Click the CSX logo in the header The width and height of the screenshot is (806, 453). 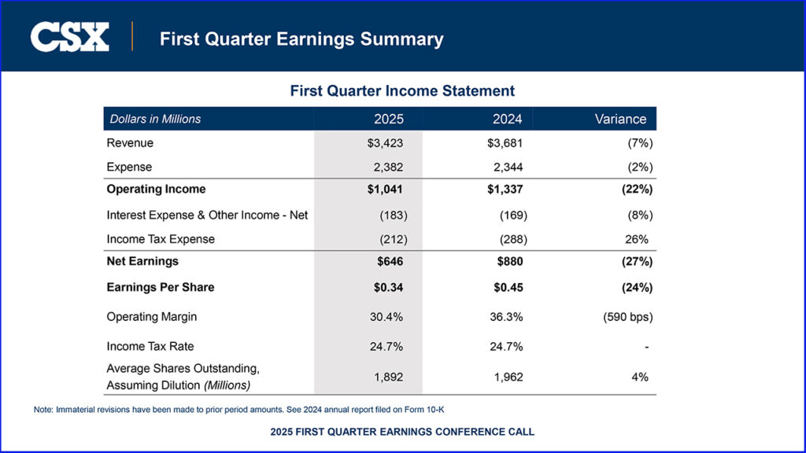coord(69,37)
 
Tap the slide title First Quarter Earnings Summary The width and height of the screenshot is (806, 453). coord(301,39)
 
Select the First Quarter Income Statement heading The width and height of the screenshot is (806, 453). coord(402,91)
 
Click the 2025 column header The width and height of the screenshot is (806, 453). coord(388,119)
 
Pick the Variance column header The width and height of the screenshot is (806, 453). coord(620,119)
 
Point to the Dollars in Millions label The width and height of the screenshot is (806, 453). coord(155,119)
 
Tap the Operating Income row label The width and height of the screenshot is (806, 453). coord(156,190)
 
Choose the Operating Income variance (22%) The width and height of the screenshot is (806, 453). coord(637,190)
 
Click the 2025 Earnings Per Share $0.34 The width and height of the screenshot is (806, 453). coord(388,287)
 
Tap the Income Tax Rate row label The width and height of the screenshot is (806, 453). coord(150,346)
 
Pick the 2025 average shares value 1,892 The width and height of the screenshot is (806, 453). coord(388,377)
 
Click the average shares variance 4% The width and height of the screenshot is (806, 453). coord(641,377)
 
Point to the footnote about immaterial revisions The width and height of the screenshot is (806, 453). coord(244,410)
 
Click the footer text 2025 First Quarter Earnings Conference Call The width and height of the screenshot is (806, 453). coord(402,432)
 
